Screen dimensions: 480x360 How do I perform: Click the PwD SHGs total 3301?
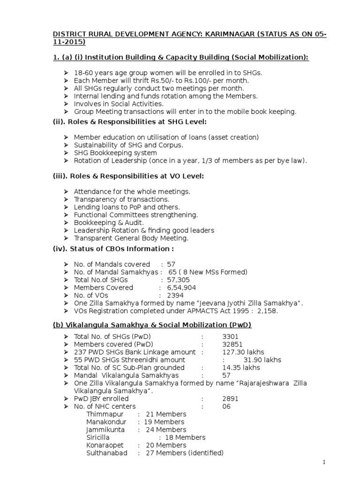tap(231, 337)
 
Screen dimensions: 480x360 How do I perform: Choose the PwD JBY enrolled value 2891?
tap(231, 398)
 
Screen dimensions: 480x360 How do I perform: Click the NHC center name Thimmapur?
tap(102, 414)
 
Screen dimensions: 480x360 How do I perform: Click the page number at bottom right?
tap(323, 462)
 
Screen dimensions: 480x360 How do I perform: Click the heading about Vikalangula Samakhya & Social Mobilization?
tap(151, 325)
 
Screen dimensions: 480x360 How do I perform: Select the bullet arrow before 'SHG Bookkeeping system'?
tap(66, 153)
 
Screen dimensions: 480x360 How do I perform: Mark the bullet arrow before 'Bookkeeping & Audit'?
tap(66, 223)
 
